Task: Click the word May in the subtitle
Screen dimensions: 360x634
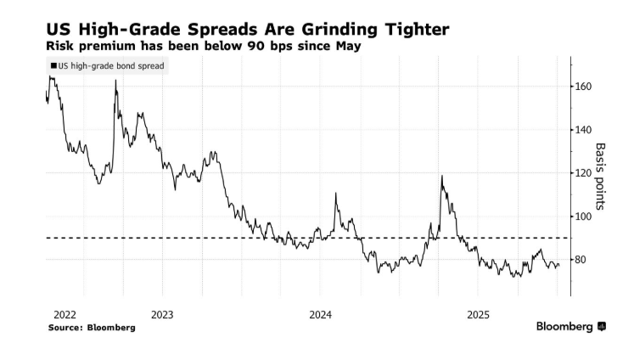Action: point(345,46)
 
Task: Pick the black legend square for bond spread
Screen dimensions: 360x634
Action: point(53,65)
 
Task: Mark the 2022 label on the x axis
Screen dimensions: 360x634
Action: point(65,313)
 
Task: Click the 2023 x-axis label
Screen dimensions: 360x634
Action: point(162,313)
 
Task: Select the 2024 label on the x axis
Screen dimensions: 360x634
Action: point(321,313)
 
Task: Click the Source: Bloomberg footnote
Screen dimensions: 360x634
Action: point(91,327)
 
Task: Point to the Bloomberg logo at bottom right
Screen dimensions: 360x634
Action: point(570,327)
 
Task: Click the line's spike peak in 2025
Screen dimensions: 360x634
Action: point(441,177)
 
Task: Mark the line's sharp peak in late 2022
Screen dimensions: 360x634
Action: point(115,81)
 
